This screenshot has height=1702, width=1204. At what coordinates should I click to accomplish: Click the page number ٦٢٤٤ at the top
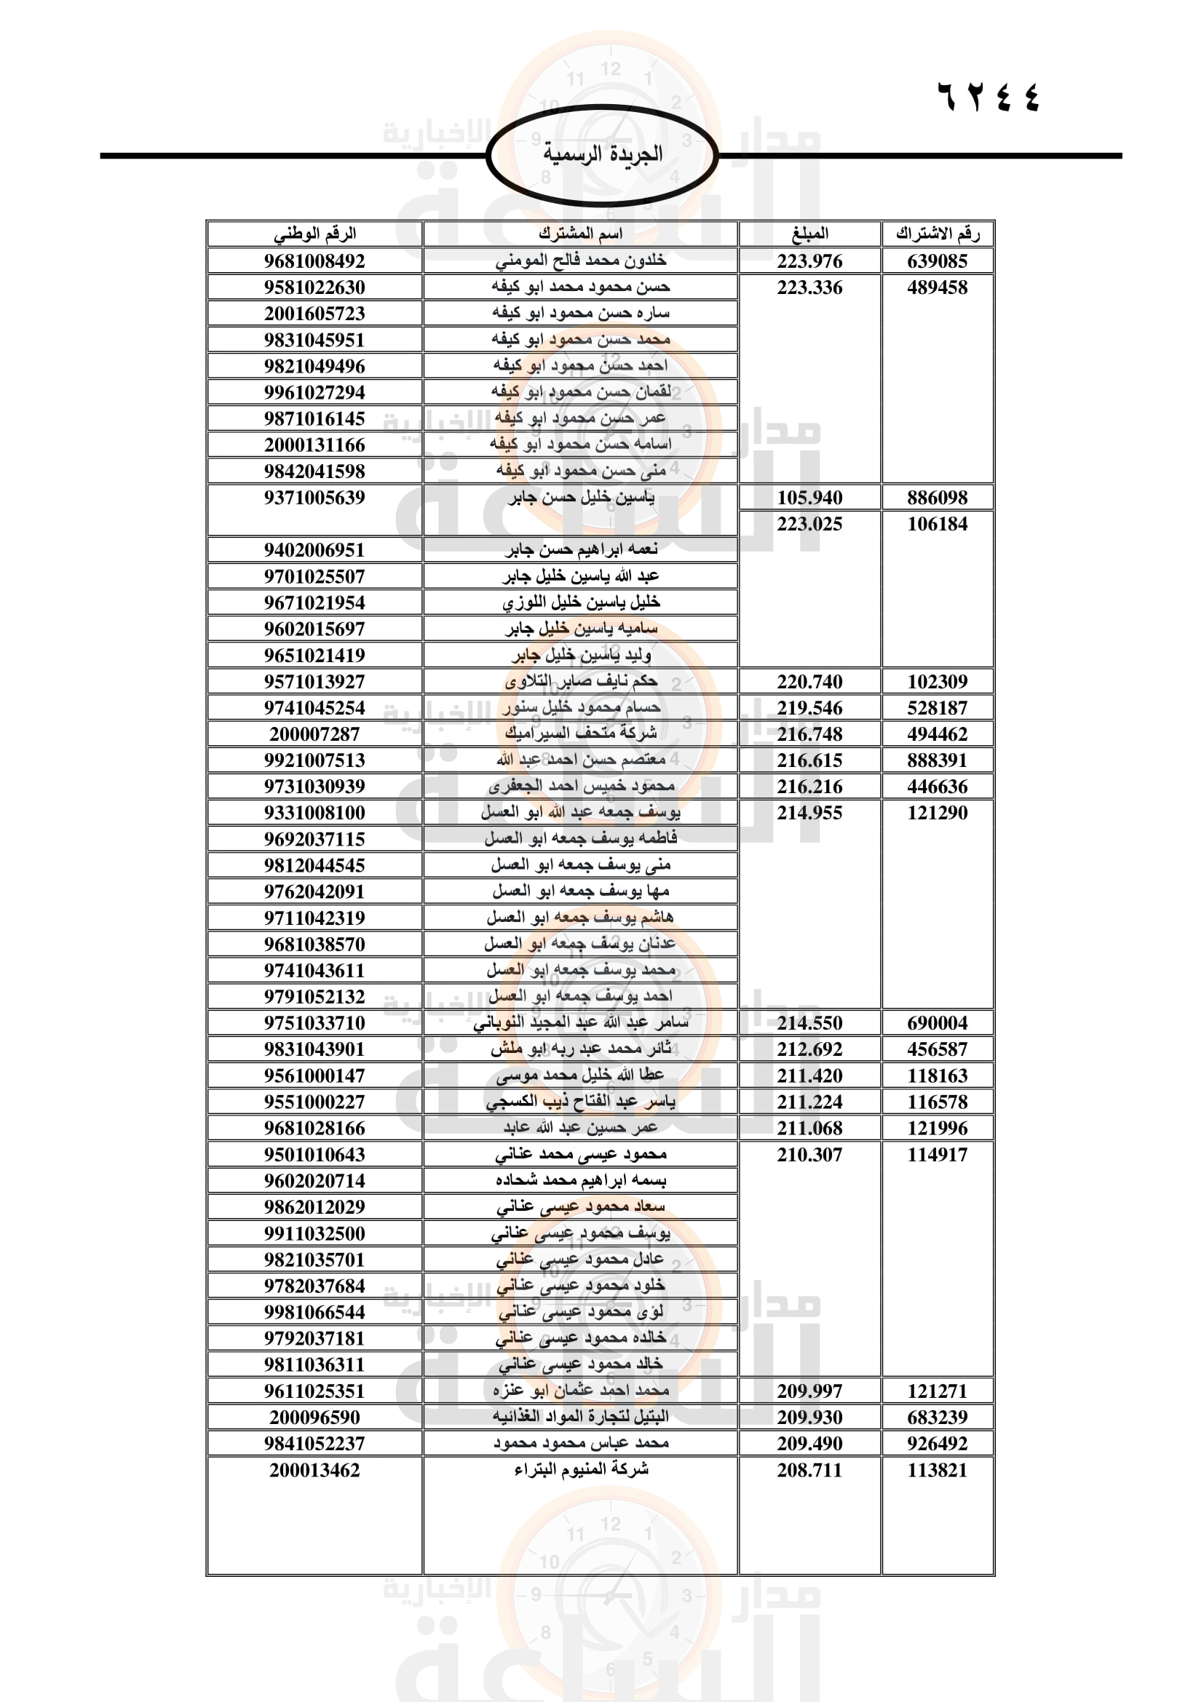click(x=989, y=96)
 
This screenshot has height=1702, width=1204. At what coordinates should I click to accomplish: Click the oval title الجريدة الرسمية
click(x=602, y=154)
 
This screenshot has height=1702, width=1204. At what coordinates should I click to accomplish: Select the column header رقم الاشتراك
click(x=937, y=234)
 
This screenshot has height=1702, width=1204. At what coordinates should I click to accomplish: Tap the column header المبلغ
click(x=809, y=234)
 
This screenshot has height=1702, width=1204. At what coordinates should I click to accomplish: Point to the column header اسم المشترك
click(x=580, y=234)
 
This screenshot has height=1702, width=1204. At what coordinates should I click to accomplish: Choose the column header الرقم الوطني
click(x=314, y=234)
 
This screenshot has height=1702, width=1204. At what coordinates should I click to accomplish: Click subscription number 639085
click(x=937, y=261)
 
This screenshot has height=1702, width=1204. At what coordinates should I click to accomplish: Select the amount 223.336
click(x=809, y=287)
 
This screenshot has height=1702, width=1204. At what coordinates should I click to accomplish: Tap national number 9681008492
click(x=314, y=261)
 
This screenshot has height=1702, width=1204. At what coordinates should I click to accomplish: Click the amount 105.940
click(x=809, y=498)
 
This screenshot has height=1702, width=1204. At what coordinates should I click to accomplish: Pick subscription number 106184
click(x=937, y=524)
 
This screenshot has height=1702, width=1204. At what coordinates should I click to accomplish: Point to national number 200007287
click(x=314, y=734)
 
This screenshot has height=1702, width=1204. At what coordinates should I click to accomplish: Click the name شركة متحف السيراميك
click(x=580, y=733)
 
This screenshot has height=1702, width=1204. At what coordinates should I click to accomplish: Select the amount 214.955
click(x=809, y=813)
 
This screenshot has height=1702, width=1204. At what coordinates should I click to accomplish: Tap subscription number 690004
click(x=937, y=1023)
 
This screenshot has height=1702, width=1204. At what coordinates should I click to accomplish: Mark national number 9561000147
click(x=314, y=1075)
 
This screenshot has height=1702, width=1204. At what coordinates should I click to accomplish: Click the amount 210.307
click(x=809, y=1154)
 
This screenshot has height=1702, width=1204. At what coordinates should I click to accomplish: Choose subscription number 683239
click(x=937, y=1417)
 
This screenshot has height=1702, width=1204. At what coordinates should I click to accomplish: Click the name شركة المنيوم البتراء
click(x=580, y=1469)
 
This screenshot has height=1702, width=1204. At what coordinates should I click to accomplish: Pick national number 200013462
click(x=314, y=1470)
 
